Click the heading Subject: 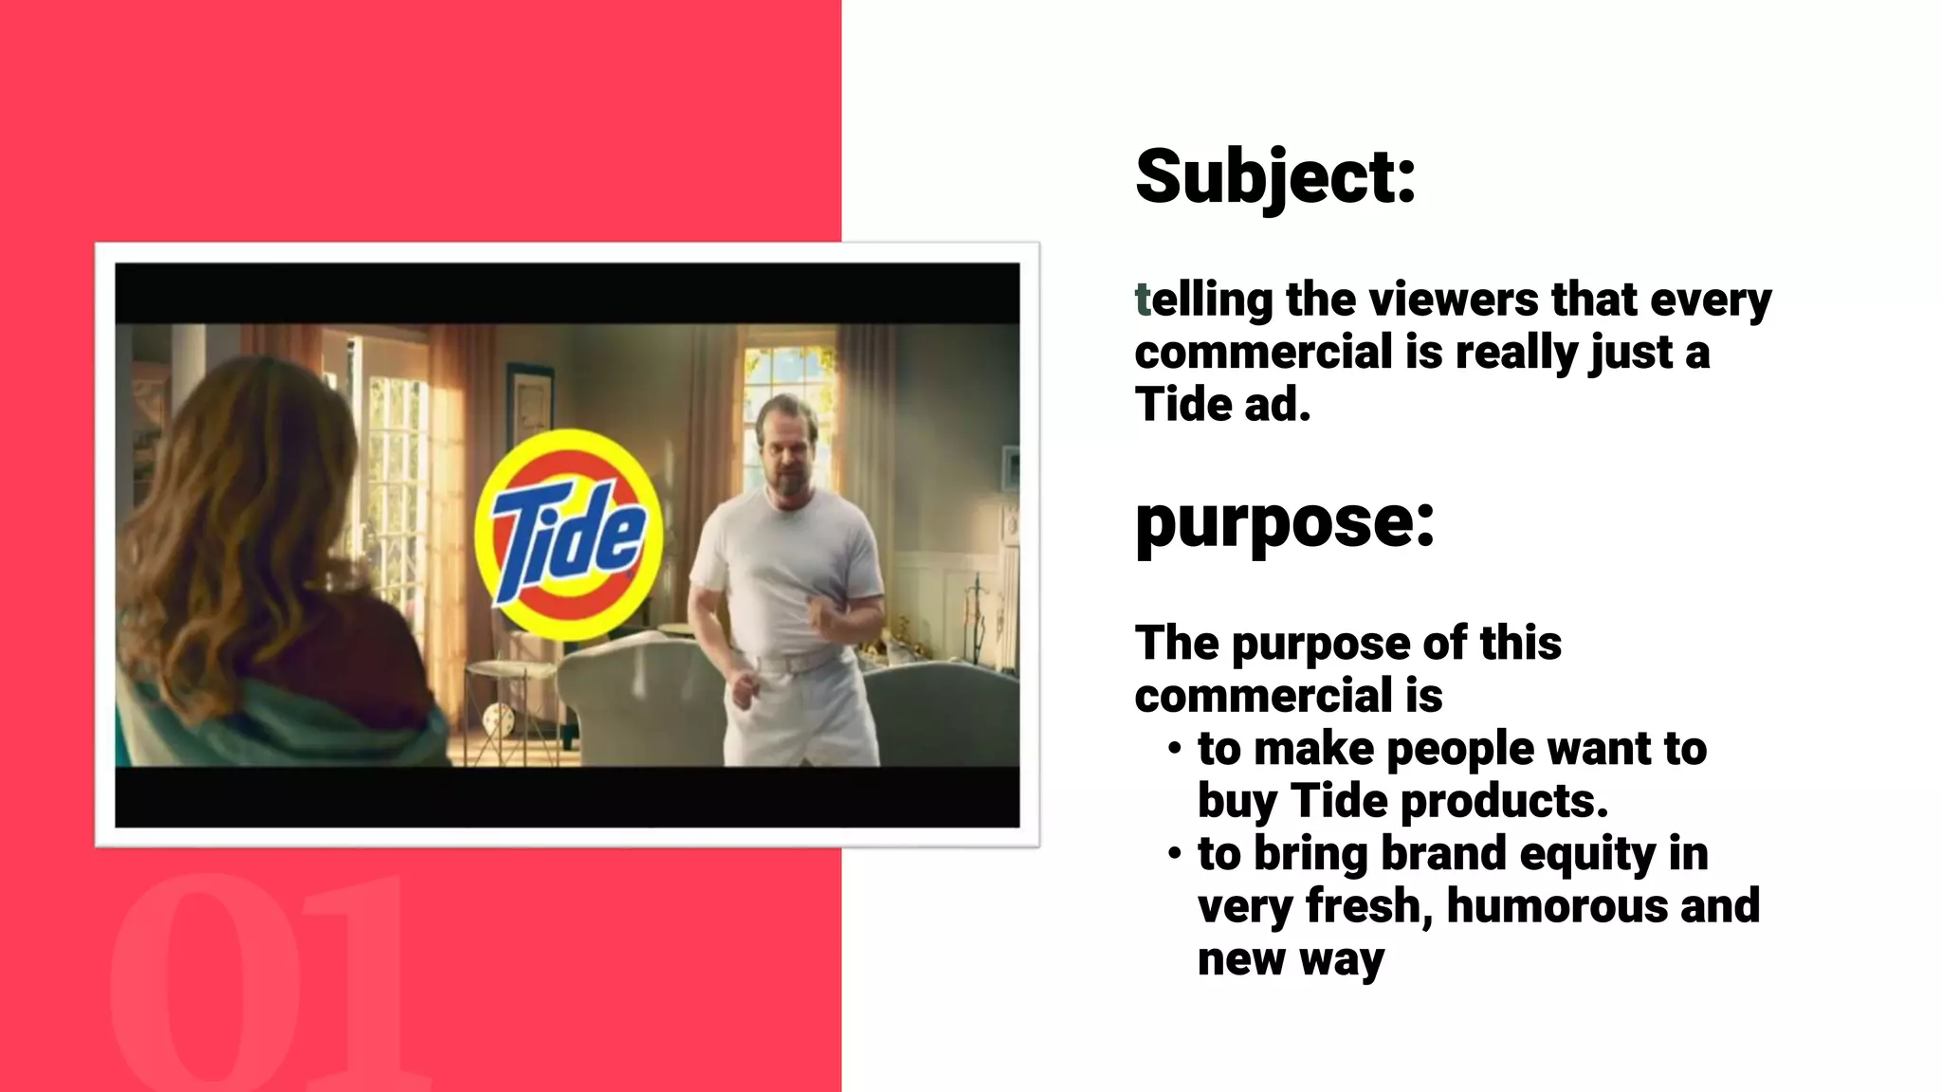point(1274,177)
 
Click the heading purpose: point(1284,523)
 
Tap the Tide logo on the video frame point(567,535)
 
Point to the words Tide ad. point(1222,406)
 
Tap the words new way point(1290,959)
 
